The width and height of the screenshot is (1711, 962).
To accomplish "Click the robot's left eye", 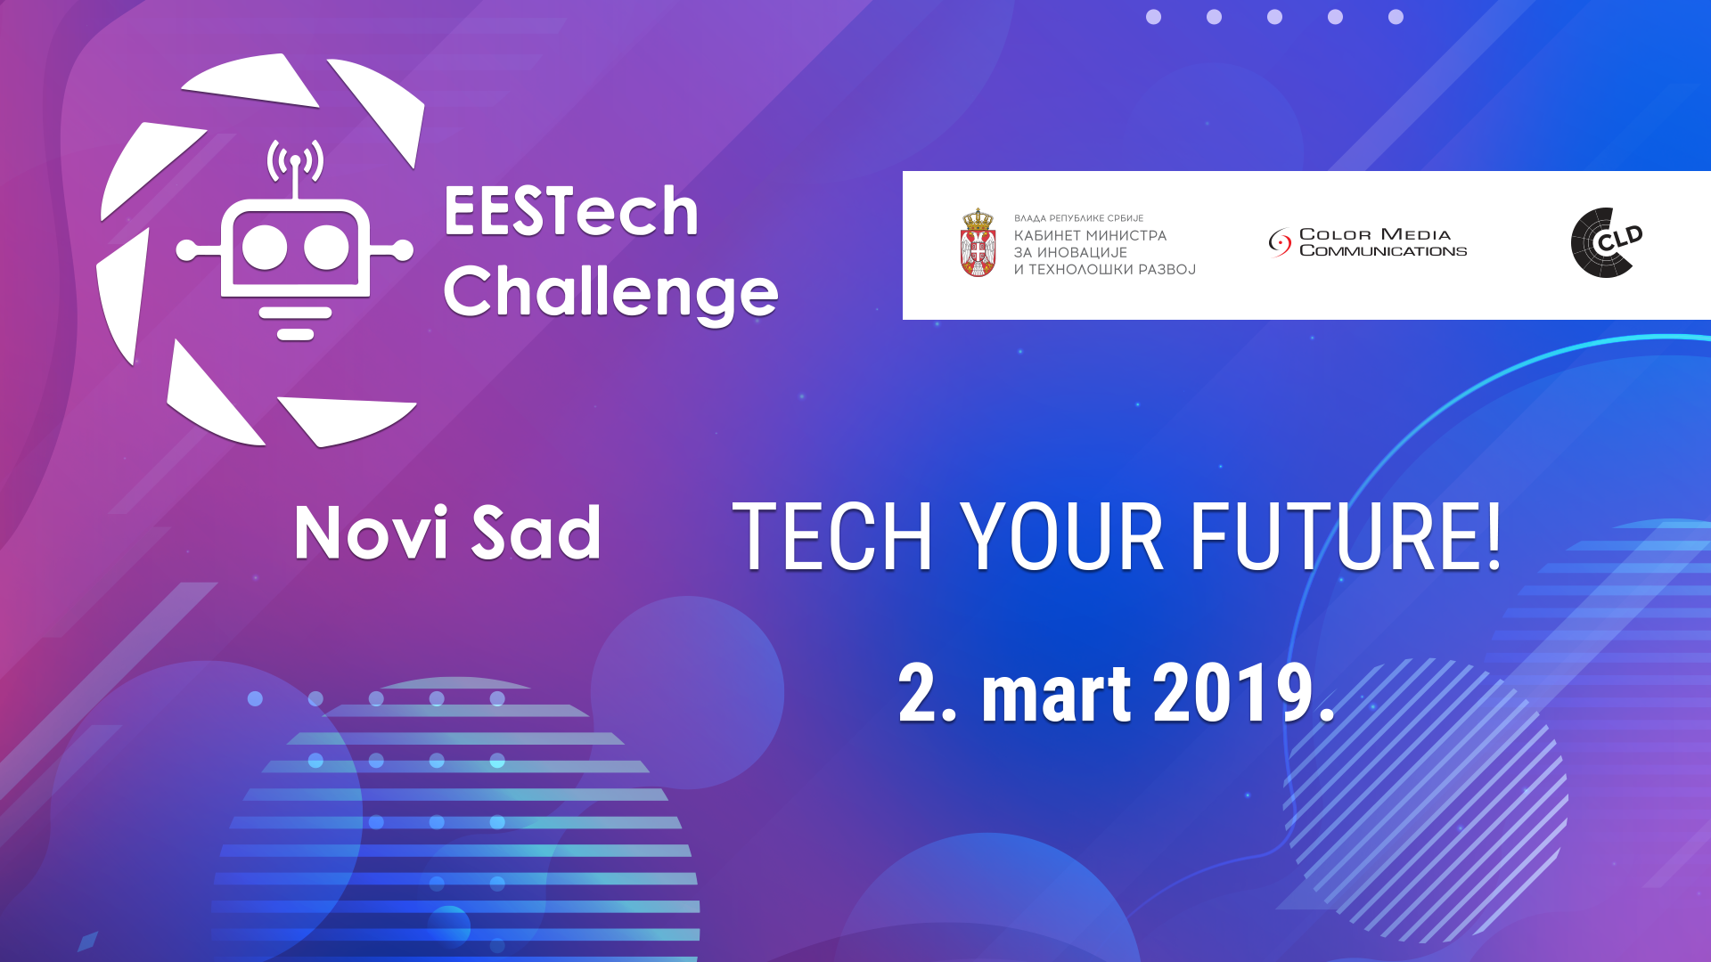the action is click(265, 247).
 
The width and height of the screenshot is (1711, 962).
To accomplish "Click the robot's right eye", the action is click(326, 247).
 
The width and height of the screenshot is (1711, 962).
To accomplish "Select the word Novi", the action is click(371, 533).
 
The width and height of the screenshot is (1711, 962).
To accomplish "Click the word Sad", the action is click(536, 533).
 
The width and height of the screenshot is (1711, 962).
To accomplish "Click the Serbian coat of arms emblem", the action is click(978, 242).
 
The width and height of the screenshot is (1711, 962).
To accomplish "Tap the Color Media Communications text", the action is click(1383, 242).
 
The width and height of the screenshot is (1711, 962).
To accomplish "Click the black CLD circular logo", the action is click(1606, 242).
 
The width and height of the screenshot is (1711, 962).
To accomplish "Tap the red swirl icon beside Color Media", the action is click(1280, 242).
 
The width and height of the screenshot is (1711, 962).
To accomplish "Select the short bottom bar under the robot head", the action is click(295, 335).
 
